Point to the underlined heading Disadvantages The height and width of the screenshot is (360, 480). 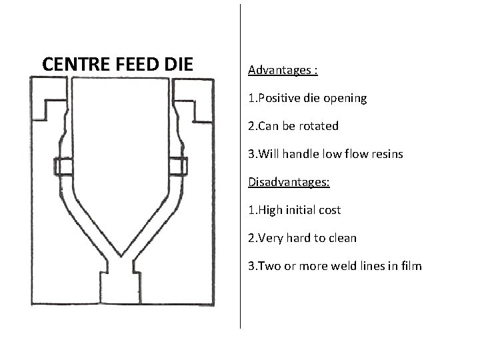tap(289, 181)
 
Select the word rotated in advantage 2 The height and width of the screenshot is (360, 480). tap(320, 126)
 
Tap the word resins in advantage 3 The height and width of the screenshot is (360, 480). tap(386, 154)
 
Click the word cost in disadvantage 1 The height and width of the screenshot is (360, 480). tap(329, 210)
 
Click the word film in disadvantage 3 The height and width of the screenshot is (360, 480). tap(411, 266)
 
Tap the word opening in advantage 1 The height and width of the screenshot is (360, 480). tap(345, 99)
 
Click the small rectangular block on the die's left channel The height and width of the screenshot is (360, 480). tap(65, 166)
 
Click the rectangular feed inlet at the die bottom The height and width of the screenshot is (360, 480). tap(121, 288)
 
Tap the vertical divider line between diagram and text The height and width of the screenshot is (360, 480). tap(240, 167)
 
